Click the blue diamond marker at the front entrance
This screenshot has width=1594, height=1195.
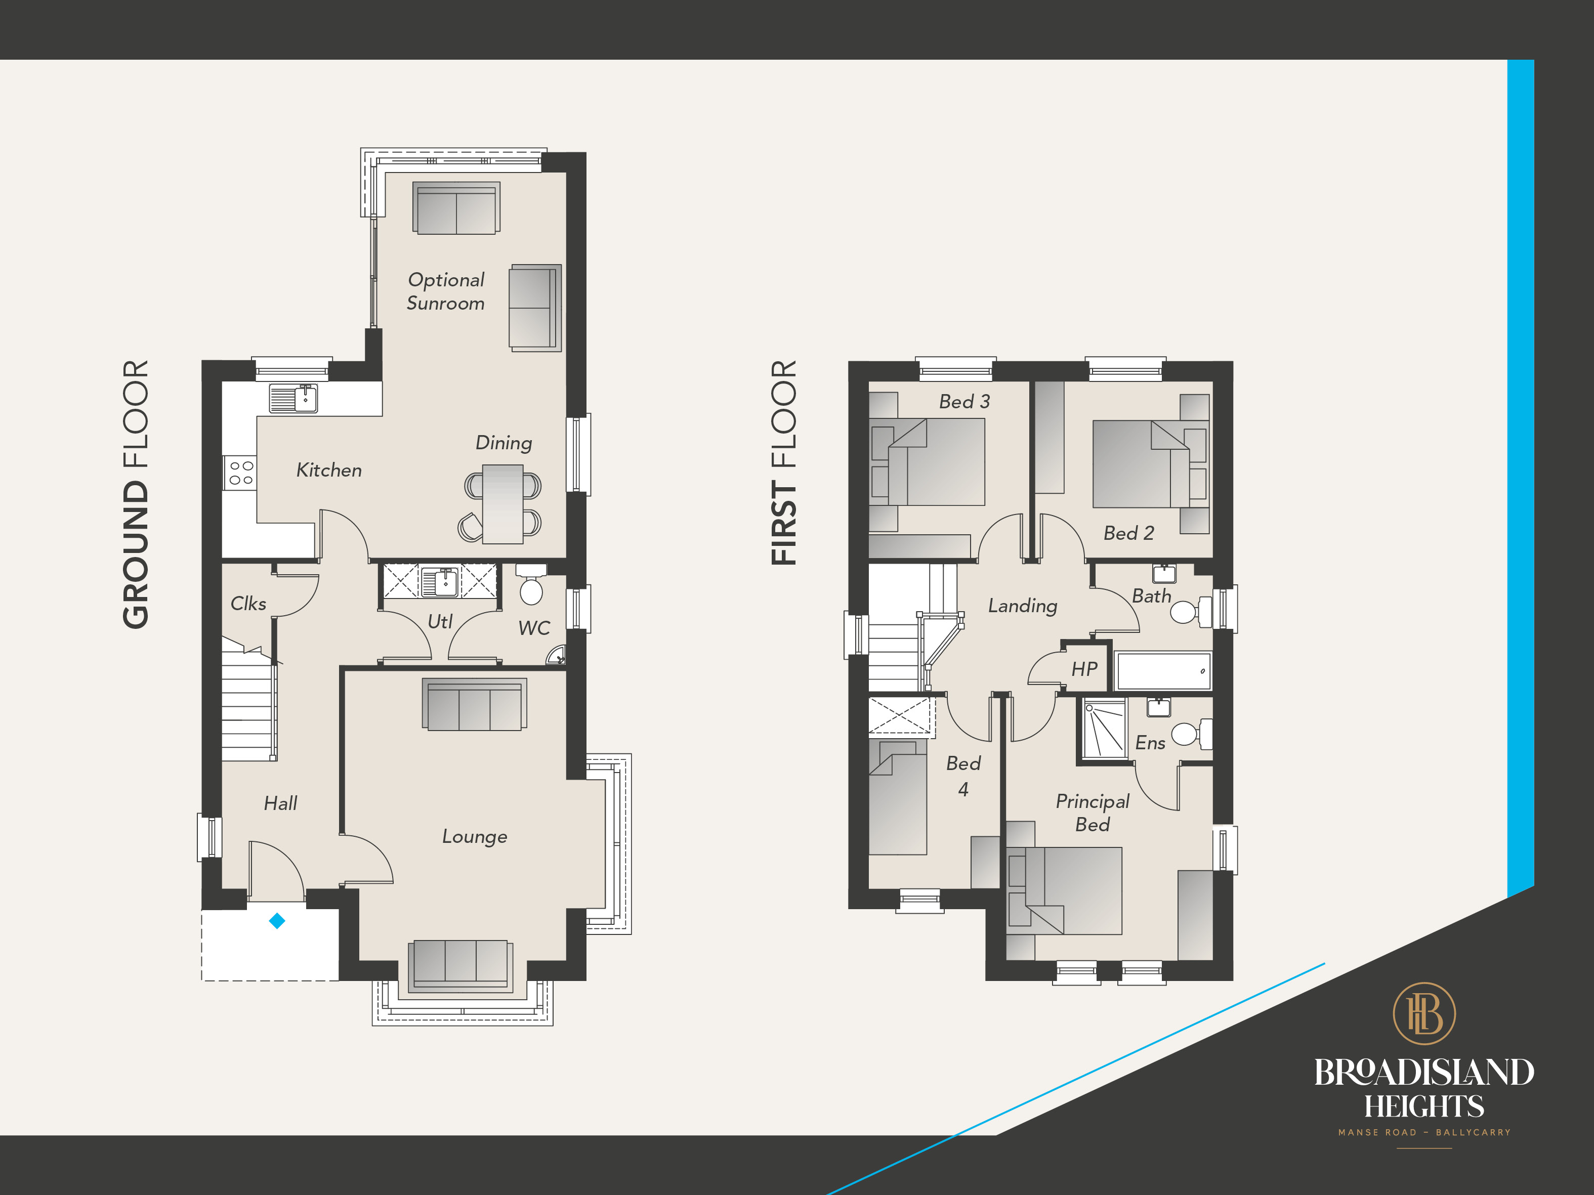(277, 921)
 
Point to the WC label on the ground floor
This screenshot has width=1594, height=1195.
(534, 628)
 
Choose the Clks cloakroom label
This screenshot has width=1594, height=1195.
(248, 603)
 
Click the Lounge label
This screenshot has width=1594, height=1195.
(474, 836)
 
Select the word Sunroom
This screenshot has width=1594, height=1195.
(445, 303)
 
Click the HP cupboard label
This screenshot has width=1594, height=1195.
(1084, 669)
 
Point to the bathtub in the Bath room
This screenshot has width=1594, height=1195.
(1163, 671)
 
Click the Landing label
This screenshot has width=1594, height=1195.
(1023, 606)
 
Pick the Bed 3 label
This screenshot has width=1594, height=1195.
(964, 401)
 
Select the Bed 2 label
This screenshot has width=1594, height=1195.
(1128, 533)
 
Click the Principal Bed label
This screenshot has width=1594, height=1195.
(1093, 813)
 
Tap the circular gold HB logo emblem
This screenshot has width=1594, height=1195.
(1424, 1013)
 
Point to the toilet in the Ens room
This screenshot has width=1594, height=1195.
(1191, 734)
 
